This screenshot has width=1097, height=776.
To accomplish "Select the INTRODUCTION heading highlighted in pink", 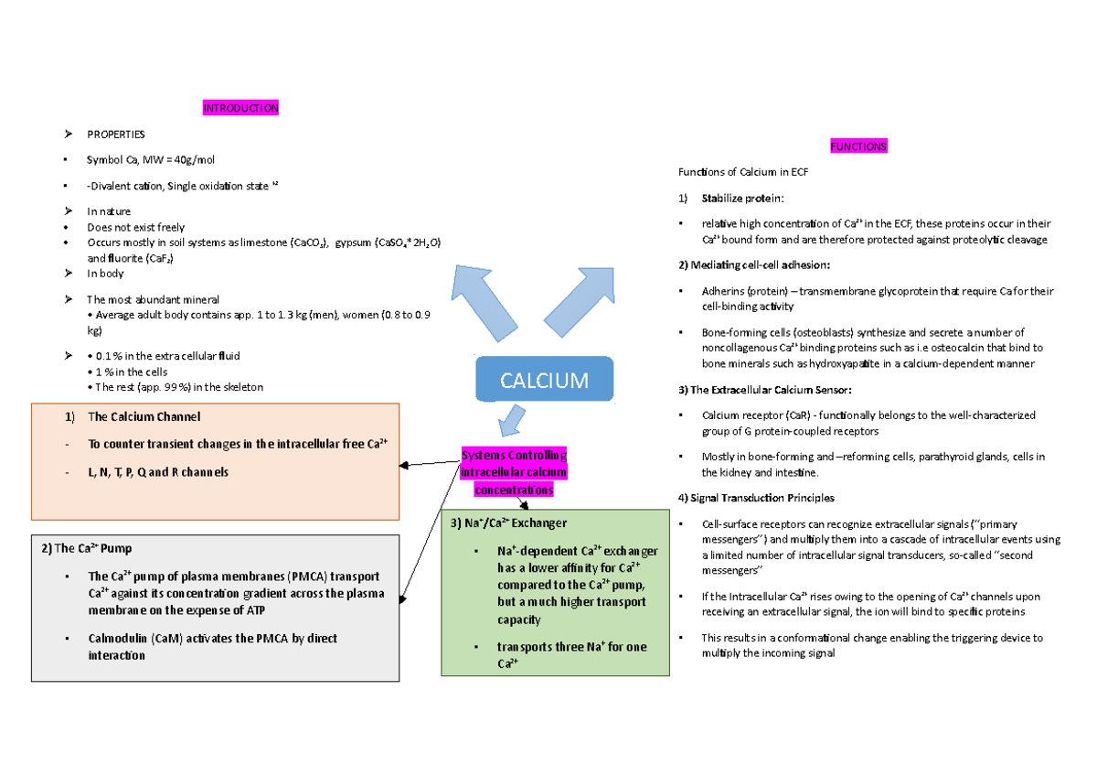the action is (x=240, y=108).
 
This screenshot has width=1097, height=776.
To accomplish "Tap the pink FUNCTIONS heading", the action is (x=857, y=146).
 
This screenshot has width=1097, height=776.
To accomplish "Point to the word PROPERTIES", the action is (x=115, y=135).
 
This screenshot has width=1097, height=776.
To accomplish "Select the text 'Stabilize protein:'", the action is (x=742, y=199).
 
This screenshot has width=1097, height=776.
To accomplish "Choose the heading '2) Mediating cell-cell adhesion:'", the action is (x=754, y=264).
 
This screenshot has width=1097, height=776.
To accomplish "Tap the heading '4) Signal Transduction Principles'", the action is (x=756, y=498).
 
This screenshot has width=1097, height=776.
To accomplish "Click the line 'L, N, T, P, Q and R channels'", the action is (x=158, y=472).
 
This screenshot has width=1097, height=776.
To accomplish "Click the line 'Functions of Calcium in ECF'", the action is (x=742, y=173).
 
